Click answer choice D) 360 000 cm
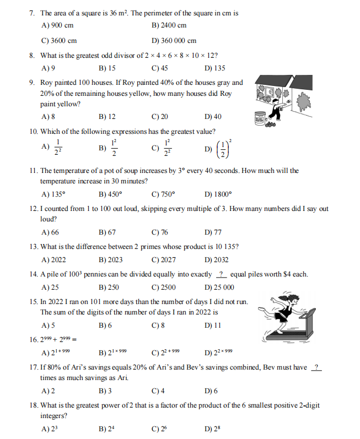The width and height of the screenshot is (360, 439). point(174,40)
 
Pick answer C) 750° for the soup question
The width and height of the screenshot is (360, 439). point(163,194)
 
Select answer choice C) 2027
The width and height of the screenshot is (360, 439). point(163,260)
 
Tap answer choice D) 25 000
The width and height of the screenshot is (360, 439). point(219,288)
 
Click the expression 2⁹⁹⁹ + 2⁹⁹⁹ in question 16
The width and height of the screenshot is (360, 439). point(60,339)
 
